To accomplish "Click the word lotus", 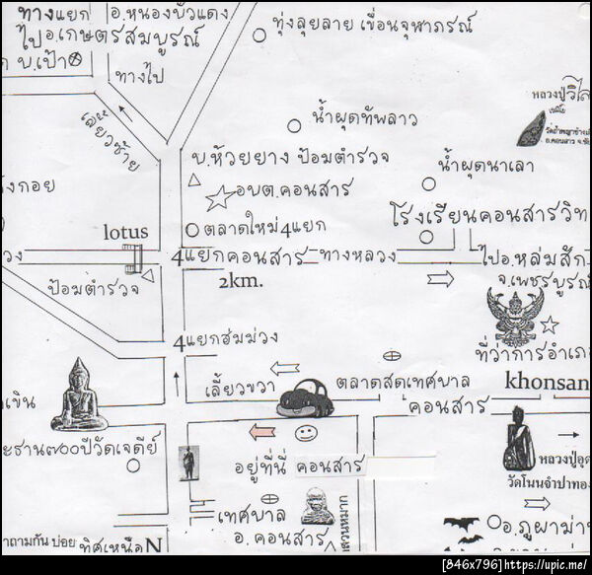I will click(x=125, y=232).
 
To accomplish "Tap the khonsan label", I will click(x=547, y=381).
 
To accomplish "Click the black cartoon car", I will click(x=305, y=398).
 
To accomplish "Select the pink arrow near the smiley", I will click(x=260, y=431).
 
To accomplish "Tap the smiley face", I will click(x=306, y=433).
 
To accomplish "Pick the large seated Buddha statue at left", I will click(x=79, y=395).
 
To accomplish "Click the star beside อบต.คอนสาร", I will click(x=218, y=199).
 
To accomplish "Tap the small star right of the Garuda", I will click(x=549, y=325).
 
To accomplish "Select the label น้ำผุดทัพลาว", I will click(x=364, y=118).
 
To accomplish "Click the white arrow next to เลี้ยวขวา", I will click(x=285, y=368).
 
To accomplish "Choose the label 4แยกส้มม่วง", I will click(x=222, y=343).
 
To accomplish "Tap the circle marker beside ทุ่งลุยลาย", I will click(x=259, y=35).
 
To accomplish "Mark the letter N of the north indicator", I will click(x=153, y=543).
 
